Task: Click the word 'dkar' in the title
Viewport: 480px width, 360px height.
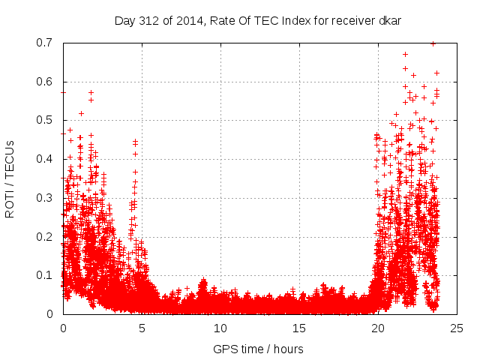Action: coord(389,20)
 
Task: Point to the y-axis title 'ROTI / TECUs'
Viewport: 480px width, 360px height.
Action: coord(10,178)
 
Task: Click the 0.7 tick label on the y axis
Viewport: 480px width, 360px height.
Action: coord(48,43)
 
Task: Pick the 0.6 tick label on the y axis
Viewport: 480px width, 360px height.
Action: coord(48,82)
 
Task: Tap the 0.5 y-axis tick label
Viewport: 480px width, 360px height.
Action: coord(48,120)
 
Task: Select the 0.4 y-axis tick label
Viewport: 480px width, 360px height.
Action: coord(48,159)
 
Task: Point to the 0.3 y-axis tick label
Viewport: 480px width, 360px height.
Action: coord(48,198)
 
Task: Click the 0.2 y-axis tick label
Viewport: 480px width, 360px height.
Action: coord(48,236)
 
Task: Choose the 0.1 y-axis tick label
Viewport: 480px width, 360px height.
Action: coord(48,275)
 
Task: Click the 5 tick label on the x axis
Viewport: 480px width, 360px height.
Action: coord(142,328)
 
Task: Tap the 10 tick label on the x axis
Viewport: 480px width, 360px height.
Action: coord(220,328)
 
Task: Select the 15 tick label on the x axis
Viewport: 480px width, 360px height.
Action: coord(299,328)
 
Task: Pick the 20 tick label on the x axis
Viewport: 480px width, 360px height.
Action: coord(378,328)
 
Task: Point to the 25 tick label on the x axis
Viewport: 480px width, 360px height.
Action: coord(457,328)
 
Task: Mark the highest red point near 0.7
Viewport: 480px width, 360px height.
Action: coord(433,43)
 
